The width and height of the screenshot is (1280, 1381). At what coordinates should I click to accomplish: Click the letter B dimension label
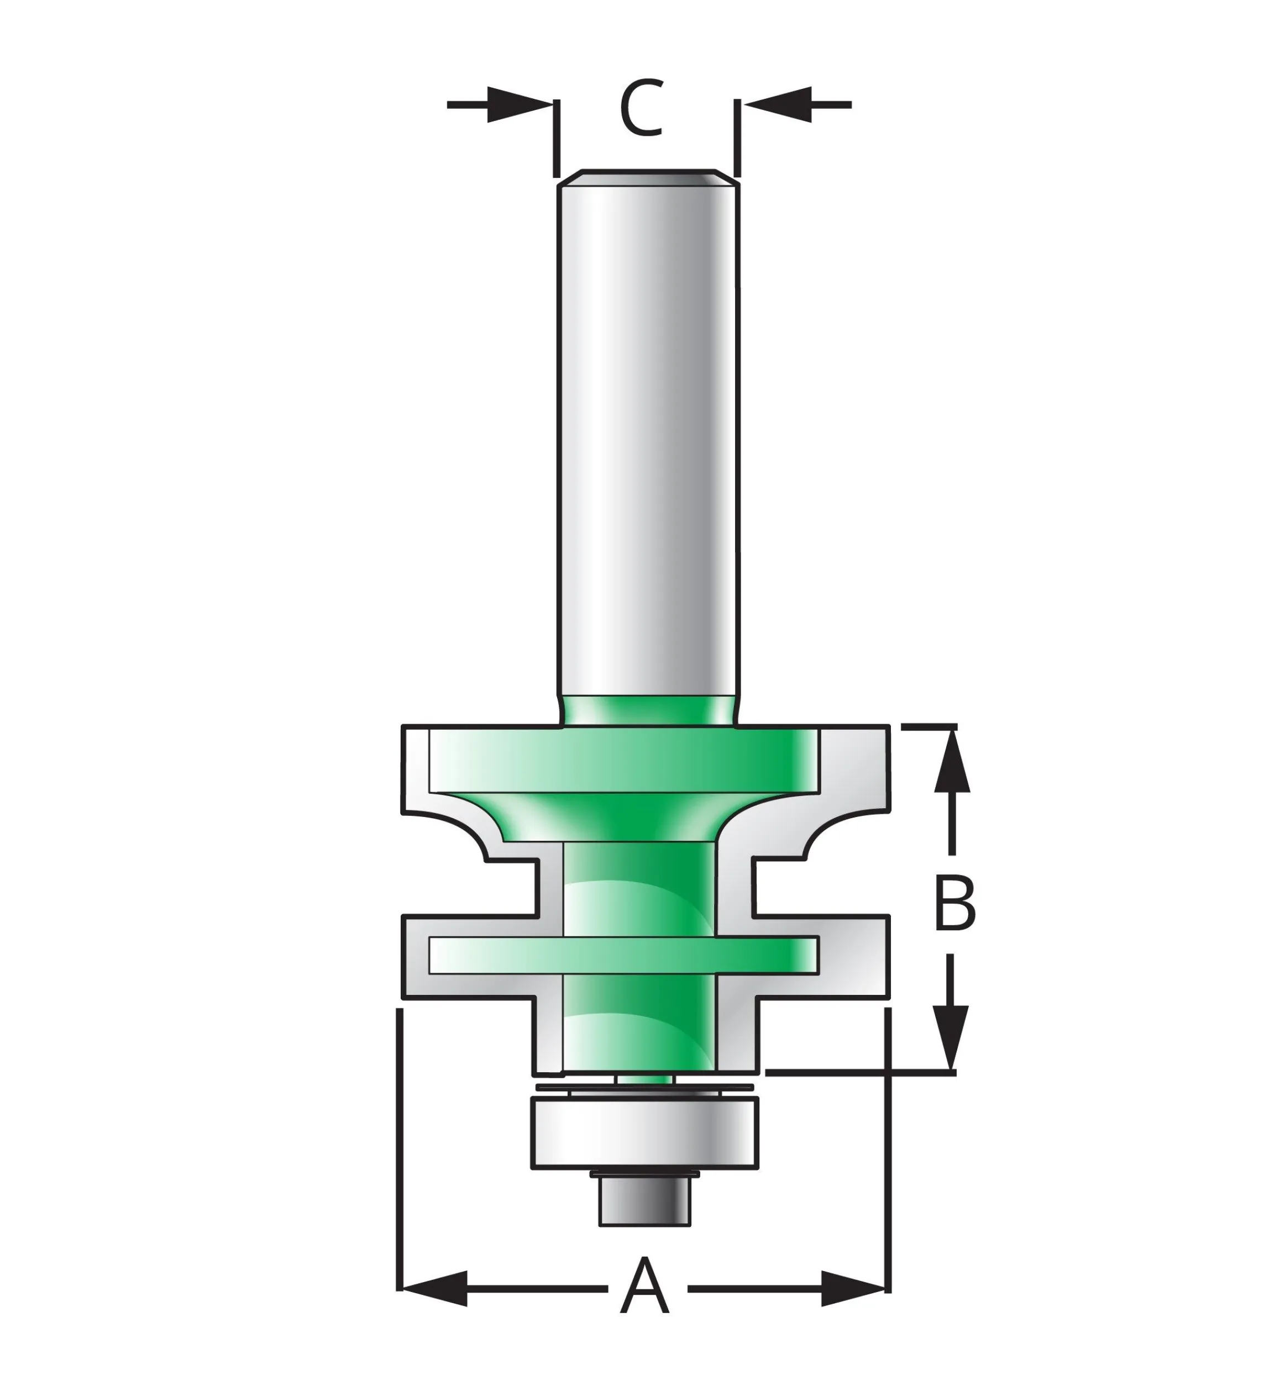click(955, 904)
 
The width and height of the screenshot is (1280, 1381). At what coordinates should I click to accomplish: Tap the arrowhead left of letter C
click(520, 104)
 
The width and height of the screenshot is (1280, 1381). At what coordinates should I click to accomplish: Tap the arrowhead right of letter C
click(777, 104)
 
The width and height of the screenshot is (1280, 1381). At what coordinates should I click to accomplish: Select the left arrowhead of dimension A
click(434, 1289)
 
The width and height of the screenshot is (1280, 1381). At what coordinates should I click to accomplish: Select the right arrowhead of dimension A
click(853, 1289)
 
